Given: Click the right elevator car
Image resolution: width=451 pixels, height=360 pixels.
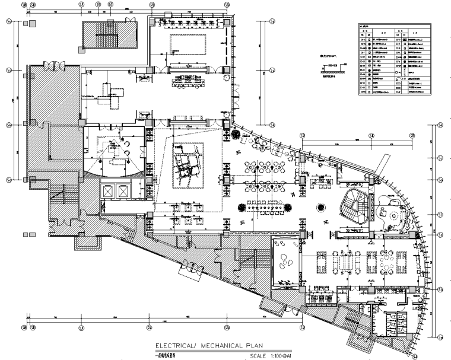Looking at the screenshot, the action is tap(123, 191).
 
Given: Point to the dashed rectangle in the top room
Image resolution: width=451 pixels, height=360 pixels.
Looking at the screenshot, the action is tap(189, 43).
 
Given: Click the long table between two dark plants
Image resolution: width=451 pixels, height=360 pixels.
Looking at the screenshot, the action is tap(266, 207).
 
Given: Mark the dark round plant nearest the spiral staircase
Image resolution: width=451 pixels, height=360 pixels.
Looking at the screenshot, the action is tap(320, 208).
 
